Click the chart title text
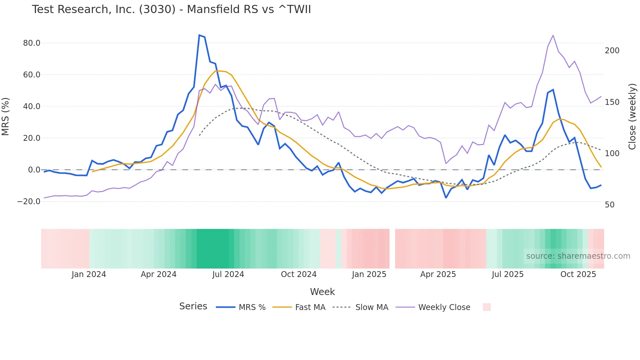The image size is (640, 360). click(171, 9)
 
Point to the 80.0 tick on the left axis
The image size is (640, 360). click(32, 43)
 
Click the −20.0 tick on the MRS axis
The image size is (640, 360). click(29, 202)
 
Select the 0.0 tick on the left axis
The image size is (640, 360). click(34, 170)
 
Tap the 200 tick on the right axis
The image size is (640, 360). click(612, 51)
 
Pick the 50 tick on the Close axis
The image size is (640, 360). click(610, 205)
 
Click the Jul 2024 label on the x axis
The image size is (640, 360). click(228, 274)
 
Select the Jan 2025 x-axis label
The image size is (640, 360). click(369, 274)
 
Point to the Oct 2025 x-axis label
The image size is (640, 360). click(578, 274)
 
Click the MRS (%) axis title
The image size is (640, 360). click(6, 117)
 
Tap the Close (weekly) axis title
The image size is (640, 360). click(632, 117)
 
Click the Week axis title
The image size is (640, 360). click(322, 292)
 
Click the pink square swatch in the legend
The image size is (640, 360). click(487, 307)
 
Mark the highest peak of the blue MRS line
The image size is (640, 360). click(199, 35)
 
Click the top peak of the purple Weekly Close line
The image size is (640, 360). click(553, 35)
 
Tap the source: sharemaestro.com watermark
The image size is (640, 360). click(578, 256)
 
